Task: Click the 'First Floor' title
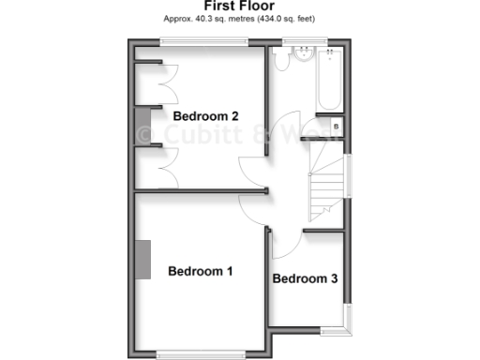241,6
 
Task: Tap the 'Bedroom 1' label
200,272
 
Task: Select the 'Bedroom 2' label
205,116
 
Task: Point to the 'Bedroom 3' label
305,278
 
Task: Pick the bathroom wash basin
302,55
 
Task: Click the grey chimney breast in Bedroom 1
143,259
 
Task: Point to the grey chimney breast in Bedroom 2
142,122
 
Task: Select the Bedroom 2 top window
204,40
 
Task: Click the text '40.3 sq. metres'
213,18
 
